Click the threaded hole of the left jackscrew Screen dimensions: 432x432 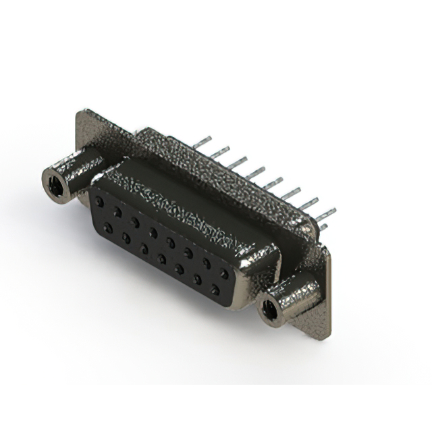57,184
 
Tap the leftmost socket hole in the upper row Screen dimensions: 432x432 99,202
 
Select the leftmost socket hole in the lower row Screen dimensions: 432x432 108,228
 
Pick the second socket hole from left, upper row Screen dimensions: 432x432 117,212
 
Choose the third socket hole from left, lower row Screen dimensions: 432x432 144,249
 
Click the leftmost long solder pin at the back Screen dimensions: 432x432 200,143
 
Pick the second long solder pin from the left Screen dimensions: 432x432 219,153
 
